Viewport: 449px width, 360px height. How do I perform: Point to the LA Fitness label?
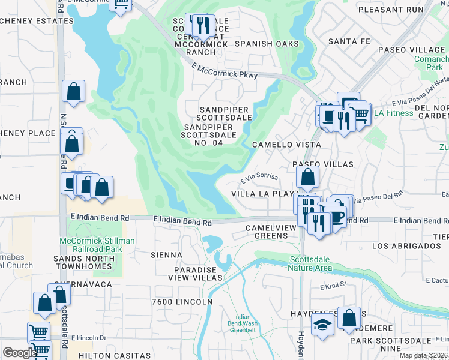point(394,113)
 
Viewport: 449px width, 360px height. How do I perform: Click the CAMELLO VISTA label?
point(286,145)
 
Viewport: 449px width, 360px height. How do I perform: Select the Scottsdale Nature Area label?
point(309,263)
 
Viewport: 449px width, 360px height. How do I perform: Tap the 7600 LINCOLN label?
point(183,301)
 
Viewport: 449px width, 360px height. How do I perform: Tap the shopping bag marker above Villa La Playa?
point(307,177)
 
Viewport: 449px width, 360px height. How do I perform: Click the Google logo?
point(20,353)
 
